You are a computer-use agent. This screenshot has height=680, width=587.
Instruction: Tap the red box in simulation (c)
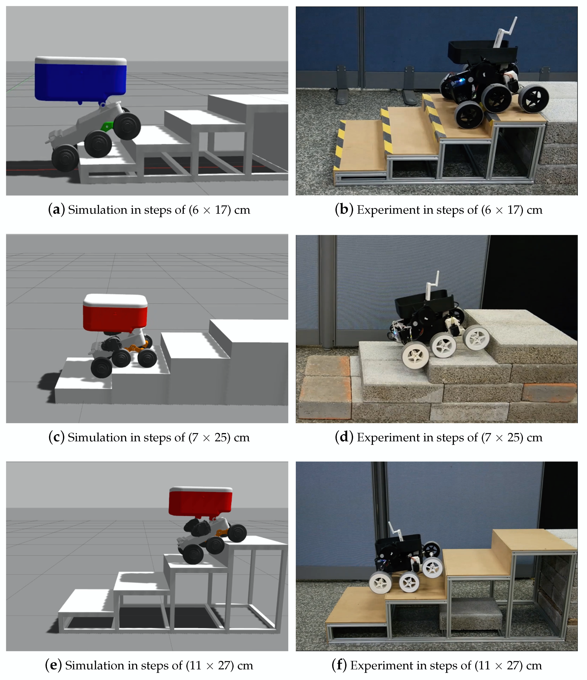pos(115,313)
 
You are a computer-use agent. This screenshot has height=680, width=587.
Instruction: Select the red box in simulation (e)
pos(201,502)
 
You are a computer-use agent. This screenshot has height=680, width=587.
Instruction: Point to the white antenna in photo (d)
pos(433,286)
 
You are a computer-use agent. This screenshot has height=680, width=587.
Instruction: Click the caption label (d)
pos(344,437)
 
